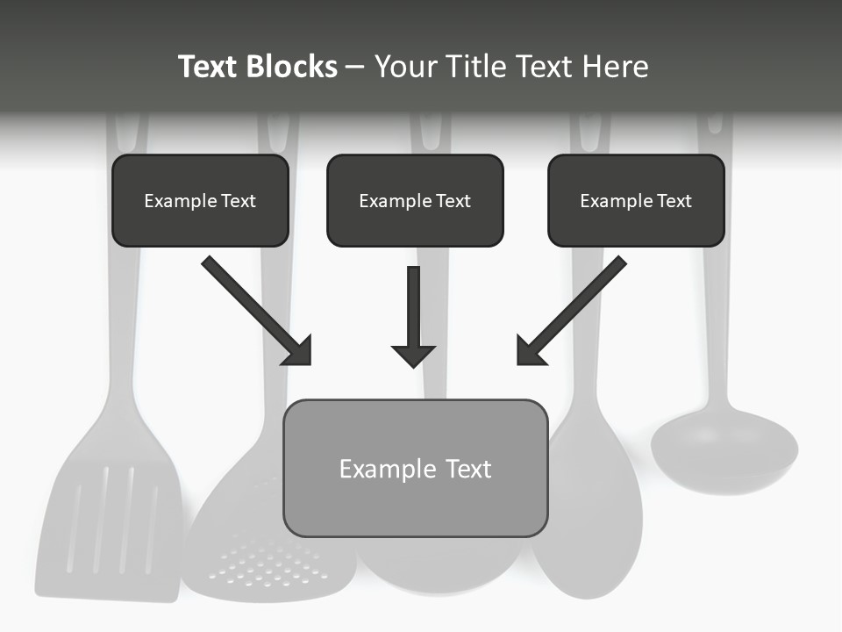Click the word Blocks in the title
(x=291, y=67)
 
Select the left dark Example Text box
(x=200, y=200)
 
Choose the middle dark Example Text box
(x=415, y=200)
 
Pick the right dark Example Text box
(x=636, y=200)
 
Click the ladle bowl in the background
(x=724, y=452)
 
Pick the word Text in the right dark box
(x=674, y=201)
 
